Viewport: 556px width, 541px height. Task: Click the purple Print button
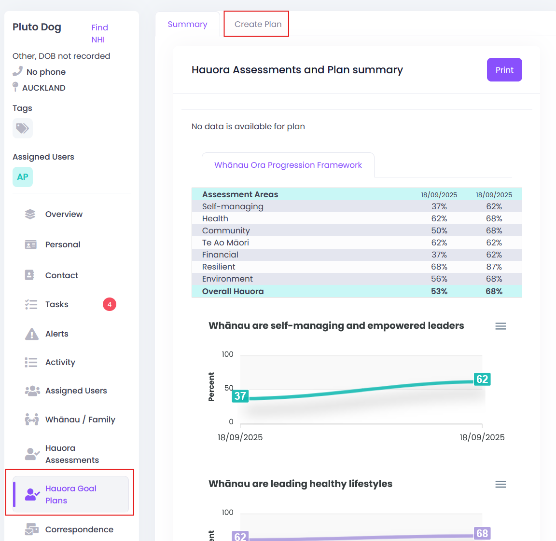tap(504, 70)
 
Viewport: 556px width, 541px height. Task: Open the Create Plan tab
tap(258, 24)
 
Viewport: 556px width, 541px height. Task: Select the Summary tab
tap(187, 24)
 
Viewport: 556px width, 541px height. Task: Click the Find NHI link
tap(99, 33)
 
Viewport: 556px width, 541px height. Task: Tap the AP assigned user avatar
tap(23, 177)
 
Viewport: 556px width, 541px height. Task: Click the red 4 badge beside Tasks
tap(110, 304)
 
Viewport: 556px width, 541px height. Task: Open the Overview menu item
tap(64, 214)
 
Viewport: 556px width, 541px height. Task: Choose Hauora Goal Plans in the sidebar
tap(70, 494)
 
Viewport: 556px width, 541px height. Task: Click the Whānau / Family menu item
tap(80, 419)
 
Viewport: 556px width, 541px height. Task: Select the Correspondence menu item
tap(79, 529)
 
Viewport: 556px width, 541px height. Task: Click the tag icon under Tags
tap(23, 128)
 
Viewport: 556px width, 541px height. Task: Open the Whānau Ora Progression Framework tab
tap(288, 165)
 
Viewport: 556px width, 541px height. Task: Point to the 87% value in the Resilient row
tap(494, 267)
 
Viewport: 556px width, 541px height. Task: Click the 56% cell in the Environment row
tap(439, 279)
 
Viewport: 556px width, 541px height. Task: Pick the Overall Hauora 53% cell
tap(439, 291)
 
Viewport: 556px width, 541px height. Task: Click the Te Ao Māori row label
tap(225, 243)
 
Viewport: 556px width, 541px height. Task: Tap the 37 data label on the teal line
tap(240, 396)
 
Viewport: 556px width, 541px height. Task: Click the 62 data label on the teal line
tap(482, 379)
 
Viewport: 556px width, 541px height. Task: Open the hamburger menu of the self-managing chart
tap(500, 326)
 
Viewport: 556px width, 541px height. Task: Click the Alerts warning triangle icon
tap(32, 334)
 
